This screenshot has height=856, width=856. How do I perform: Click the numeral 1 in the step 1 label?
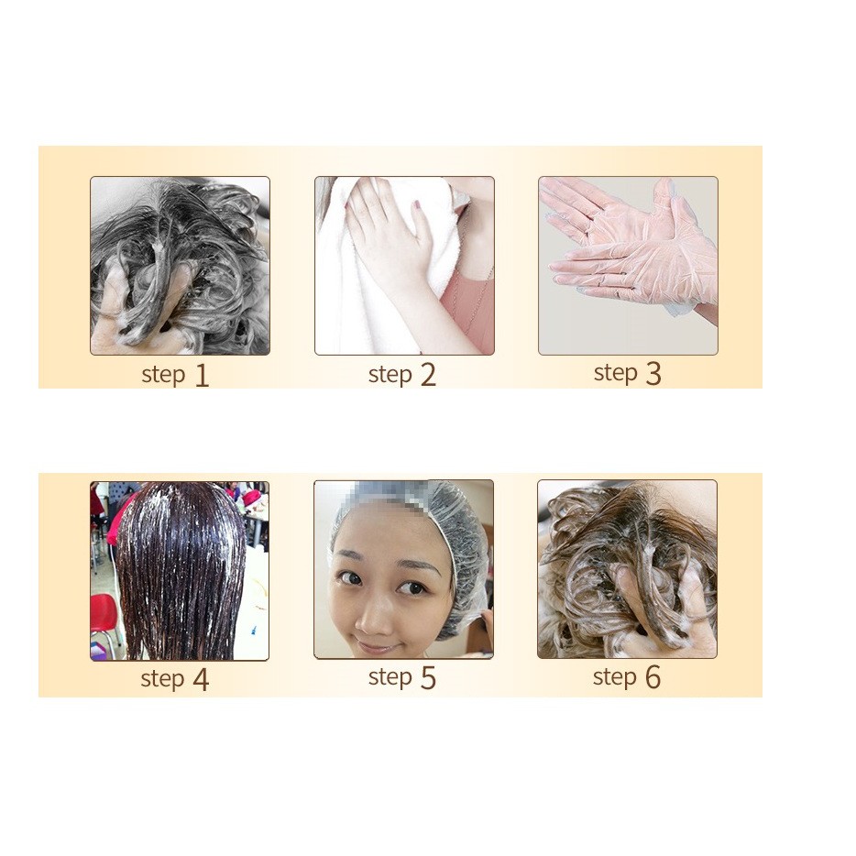click(202, 376)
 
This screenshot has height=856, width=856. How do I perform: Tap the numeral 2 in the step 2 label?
click(428, 376)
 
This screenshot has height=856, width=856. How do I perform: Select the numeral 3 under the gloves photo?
click(653, 374)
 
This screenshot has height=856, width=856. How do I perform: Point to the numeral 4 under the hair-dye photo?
click(201, 680)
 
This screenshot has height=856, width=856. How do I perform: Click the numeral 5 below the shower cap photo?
click(428, 678)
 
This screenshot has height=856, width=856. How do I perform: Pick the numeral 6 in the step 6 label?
click(653, 677)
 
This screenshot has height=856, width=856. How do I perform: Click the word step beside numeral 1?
click(163, 375)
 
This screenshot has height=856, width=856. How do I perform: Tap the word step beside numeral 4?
click(162, 679)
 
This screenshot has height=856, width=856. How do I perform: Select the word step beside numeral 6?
click(615, 677)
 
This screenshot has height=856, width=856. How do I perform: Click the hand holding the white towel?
click(388, 240)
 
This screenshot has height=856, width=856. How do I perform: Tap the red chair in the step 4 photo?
click(104, 620)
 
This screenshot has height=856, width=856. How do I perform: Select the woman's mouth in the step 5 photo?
click(376, 647)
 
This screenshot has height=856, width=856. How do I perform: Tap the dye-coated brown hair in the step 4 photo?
click(181, 570)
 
